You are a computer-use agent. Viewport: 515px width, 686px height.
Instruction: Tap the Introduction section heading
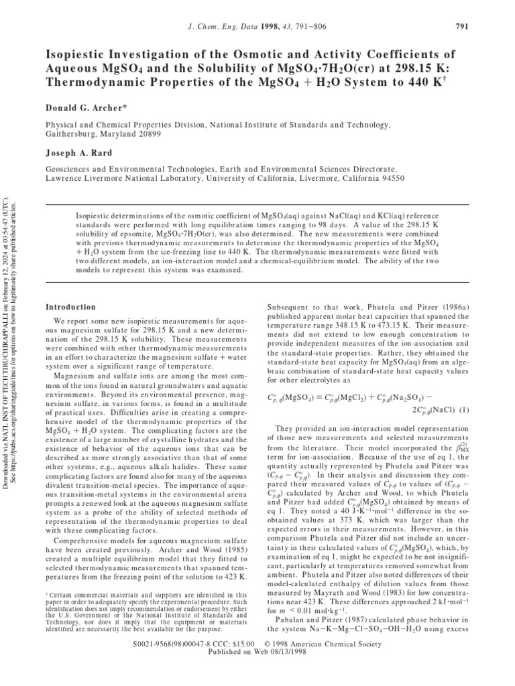[70, 307]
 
